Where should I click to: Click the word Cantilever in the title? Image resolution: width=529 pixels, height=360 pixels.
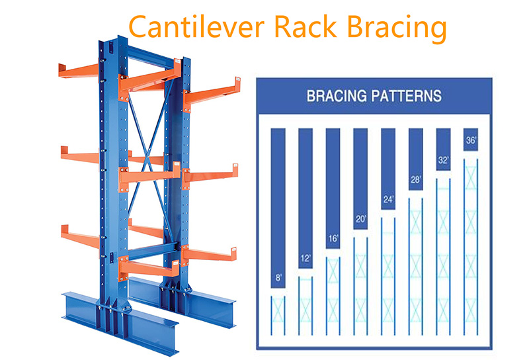pyautogui.click(x=196, y=26)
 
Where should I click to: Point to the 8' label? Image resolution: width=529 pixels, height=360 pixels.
pyautogui.click(x=278, y=277)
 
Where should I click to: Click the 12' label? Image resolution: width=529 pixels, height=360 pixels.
pyautogui.click(x=305, y=258)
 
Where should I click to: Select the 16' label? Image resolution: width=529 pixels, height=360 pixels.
pyautogui.click(x=333, y=239)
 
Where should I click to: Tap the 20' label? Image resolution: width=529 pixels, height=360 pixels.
pyautogui.click(x=360, y=219)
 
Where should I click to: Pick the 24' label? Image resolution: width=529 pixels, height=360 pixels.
pyautogui.click(x=388, y=200)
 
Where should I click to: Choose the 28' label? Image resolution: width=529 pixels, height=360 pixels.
pyautogui.click(x=416, y=179)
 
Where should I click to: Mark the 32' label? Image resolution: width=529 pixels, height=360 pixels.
pyautogui.click(x=443, y=160)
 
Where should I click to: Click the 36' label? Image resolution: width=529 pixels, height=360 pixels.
pyautogui.click(x=471, y=140)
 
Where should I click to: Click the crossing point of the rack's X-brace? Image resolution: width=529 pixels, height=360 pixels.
pyautogui.click(x=147, y=158)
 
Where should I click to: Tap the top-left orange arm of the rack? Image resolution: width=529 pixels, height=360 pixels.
pyautogui.click(x=79, y=71)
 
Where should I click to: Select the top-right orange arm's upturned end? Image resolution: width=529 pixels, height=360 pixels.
pyautogui.click(x=237, y=84)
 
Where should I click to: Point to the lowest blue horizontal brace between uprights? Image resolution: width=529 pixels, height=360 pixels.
pyautogui.click(x=153, y=251)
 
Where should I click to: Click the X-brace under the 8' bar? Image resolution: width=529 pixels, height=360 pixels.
pyautogui.click(x=278, y=310)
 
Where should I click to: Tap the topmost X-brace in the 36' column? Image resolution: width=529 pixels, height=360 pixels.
pyautogui.click(x=471, y=177)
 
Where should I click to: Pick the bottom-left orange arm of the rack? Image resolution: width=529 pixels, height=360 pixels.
pyautogui.click(x=80, y=236)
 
